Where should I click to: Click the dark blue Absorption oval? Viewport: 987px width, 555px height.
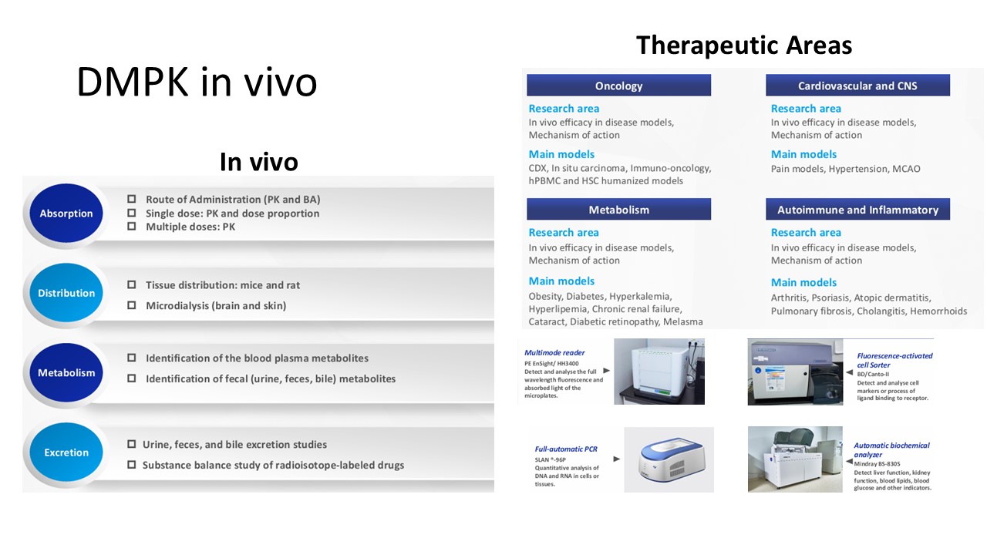pyautogui.click(x=66, y=214)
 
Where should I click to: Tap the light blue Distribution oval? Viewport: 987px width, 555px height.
pyautogui.click(x=66, y=293)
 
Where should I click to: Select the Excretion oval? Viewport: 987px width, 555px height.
pyautogui.click(x=66, y=452)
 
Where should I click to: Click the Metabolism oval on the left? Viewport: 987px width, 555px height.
pyautogui.click(x=66, y=372)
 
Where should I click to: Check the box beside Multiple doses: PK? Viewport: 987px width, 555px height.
pyautogui.click(x=131, y=226)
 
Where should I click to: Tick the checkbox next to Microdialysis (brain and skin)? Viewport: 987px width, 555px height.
pyautogui.click(x=131, y=304)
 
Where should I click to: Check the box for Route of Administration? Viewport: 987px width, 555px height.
pyautogui.click(x=131, y=199)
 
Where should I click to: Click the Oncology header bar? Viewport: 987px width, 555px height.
pyautogui.click(x=618, y=85)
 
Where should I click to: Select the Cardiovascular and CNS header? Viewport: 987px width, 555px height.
pyautogui.click(x=857, y=85)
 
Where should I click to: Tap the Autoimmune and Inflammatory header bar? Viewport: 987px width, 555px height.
pyautogui.click(x=857, y=209)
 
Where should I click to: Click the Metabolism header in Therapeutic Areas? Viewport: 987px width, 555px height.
pyautogui.click(x=618, y=209)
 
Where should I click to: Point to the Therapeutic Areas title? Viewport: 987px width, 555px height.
pyautogui.click(x=744, y=45)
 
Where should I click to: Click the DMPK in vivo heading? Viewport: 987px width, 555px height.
pyautogui.click(x=197, y=82)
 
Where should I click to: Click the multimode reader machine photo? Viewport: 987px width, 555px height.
pyautogui.click(x=659, y=372)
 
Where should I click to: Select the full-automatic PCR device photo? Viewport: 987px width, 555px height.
pyautogui.click(x=669, y=459)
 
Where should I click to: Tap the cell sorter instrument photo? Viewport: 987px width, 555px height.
pyautogui.click(x=795, y=372)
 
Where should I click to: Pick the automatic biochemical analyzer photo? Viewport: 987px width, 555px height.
pyautogui.click(x=795, y=459)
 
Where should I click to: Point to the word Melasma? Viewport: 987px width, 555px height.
pyautogui.click(x=683, y=321)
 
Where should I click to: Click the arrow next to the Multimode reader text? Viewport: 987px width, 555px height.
pyautogui.click(x=606, y=371)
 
